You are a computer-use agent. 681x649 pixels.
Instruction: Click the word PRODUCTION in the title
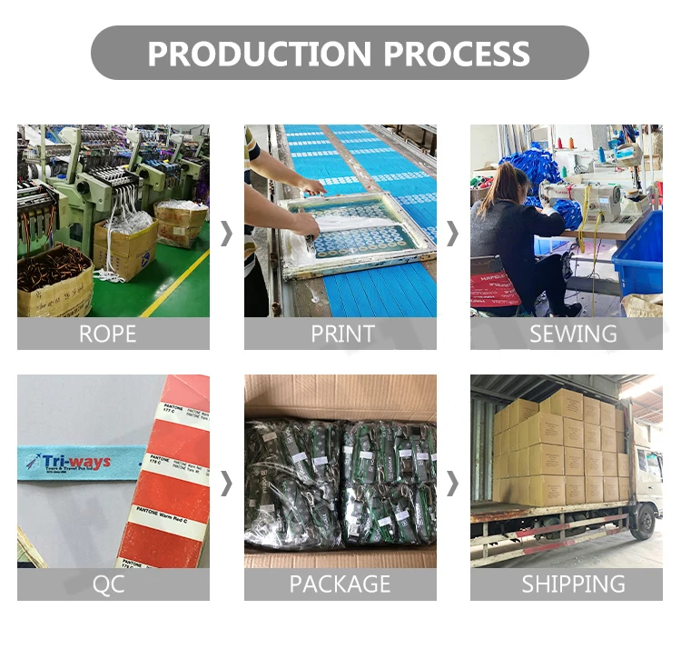tap(259, 54)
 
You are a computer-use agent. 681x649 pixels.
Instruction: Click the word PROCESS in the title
tap(456, 54)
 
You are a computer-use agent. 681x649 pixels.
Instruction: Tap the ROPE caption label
tap(107, 334)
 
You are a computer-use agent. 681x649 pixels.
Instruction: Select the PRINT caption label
tap(342, 334)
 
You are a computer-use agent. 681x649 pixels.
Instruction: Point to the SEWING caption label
tap(573, 334)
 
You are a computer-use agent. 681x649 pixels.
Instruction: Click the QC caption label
tap(108, 584)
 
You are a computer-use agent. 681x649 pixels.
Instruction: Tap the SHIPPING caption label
tap(573, 584)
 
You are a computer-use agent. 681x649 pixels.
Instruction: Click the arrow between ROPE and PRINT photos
tap(226, 234)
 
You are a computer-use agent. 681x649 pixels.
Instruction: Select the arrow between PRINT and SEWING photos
tap(452, 234)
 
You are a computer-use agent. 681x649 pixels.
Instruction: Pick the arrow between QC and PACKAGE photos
tap(226, 484)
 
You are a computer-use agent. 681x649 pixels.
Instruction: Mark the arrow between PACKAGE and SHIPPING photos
tap(452, 484)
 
